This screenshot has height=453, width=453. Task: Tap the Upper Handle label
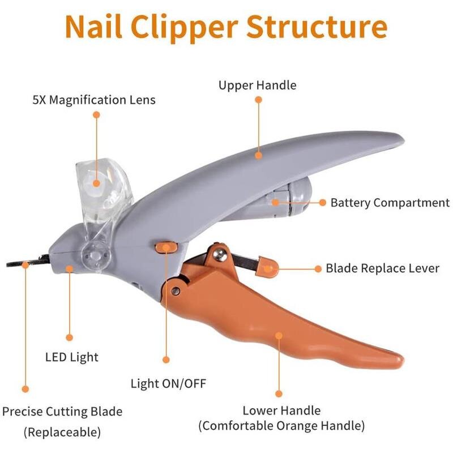(258, 86)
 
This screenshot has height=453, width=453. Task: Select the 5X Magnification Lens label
(94, 100)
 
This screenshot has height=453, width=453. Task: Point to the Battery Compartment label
(390, 202)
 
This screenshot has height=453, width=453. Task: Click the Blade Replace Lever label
(382, 268)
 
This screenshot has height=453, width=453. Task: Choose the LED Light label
(72, 357)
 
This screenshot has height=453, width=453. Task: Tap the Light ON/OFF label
(168, 384)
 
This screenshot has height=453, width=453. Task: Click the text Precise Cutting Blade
(62, 412)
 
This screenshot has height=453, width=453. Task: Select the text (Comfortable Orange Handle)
(281, 425)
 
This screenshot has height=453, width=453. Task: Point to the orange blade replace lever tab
(267, 266)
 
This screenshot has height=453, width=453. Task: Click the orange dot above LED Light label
(70, 337)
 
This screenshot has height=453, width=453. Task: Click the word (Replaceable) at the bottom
(62, 433)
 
